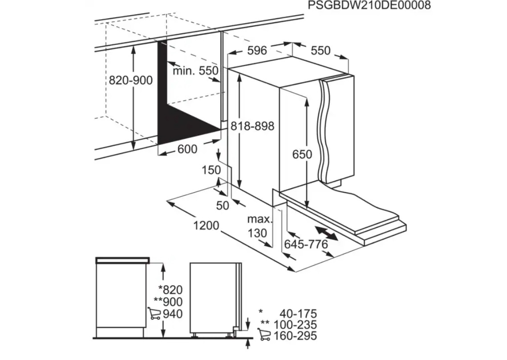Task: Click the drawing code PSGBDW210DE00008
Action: point(369,5)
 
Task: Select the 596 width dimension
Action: point(257,50)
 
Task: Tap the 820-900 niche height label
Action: point(130,80)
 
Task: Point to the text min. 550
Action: point(195,70)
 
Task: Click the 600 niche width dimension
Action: point(187,149)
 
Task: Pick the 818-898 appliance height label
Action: point(252,125)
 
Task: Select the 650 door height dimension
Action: point(302,154)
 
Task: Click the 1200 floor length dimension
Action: point(206,225)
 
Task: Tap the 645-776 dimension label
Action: point(306,245)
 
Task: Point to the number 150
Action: point(211,170)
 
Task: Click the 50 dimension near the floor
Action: point(223,205)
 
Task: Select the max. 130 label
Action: point(260,226)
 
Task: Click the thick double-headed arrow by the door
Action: point(327,234)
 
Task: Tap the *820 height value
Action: point(170,290)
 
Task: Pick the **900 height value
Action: point(168,302)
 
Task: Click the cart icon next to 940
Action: point(154,313)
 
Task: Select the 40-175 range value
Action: point(298,313)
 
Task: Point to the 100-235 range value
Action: point(295,324)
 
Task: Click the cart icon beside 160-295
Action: point(264,334)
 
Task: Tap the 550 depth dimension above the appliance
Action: point(321,50)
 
